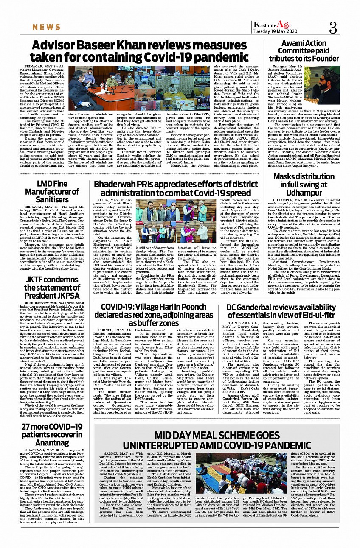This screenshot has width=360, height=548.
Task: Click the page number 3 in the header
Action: click(x=333, y=28)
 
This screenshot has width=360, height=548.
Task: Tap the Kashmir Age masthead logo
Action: click(x=266, y=25)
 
